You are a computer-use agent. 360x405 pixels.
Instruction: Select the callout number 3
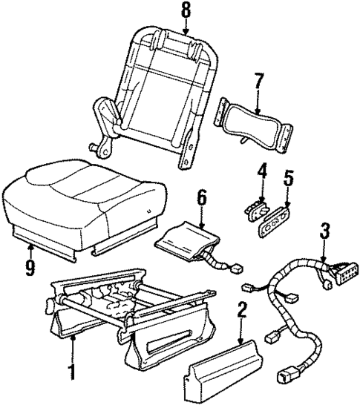pos(323,231)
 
